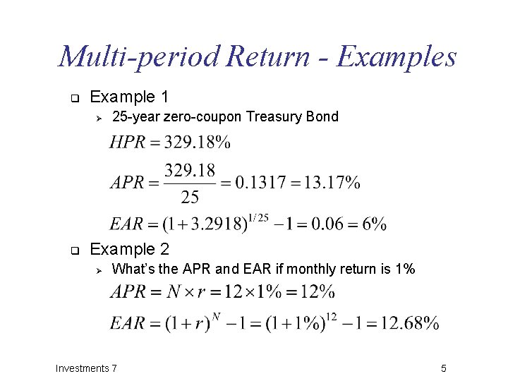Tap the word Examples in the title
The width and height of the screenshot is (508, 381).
tap(397, 56)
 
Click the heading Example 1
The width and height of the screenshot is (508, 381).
tap(130, 97)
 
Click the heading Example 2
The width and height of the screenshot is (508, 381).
tap(130, 249)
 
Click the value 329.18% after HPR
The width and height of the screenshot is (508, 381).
tap(197, 143)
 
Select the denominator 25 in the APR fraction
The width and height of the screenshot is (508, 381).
tap(190, 197)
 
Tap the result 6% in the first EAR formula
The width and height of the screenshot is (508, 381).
tap(374, 225)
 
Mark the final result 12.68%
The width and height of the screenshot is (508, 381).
tap(408, 324)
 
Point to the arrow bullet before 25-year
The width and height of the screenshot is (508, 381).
tap(99, 117)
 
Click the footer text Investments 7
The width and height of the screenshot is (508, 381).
tap(87, 368)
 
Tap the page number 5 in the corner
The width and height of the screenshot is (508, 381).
tap(444, 368)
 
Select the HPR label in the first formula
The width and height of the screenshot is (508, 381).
tap(128, 143)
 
